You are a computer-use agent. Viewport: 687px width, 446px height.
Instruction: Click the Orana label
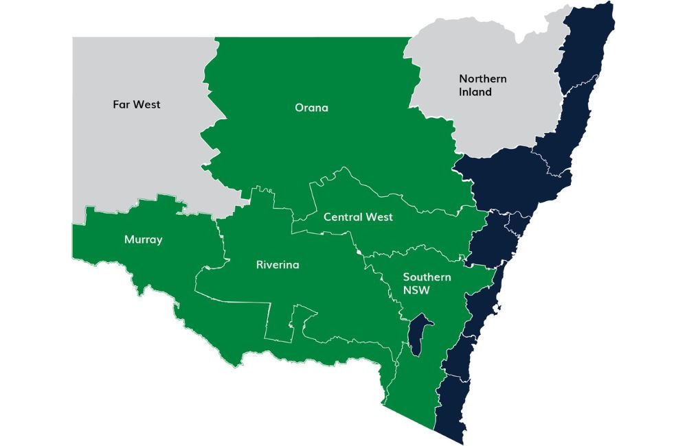[x=311, y=108]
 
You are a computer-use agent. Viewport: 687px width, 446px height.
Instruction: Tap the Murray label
[x=143, y=239]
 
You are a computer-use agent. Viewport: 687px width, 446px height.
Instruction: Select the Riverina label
[x=278, y=264]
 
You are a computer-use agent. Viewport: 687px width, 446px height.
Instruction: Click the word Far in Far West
[x=122, y=105]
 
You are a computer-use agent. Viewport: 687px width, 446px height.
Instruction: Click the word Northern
[x=483, y=79]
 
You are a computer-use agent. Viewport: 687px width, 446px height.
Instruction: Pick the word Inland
[x=475, y=92]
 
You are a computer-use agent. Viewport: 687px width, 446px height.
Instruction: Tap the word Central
[x=344, y=217]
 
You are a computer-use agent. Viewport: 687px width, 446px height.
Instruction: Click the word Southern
[x=427, y=277]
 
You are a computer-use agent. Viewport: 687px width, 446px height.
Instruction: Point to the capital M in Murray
[x=129, y=239]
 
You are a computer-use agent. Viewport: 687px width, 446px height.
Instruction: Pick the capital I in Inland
[x=461, y=92]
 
